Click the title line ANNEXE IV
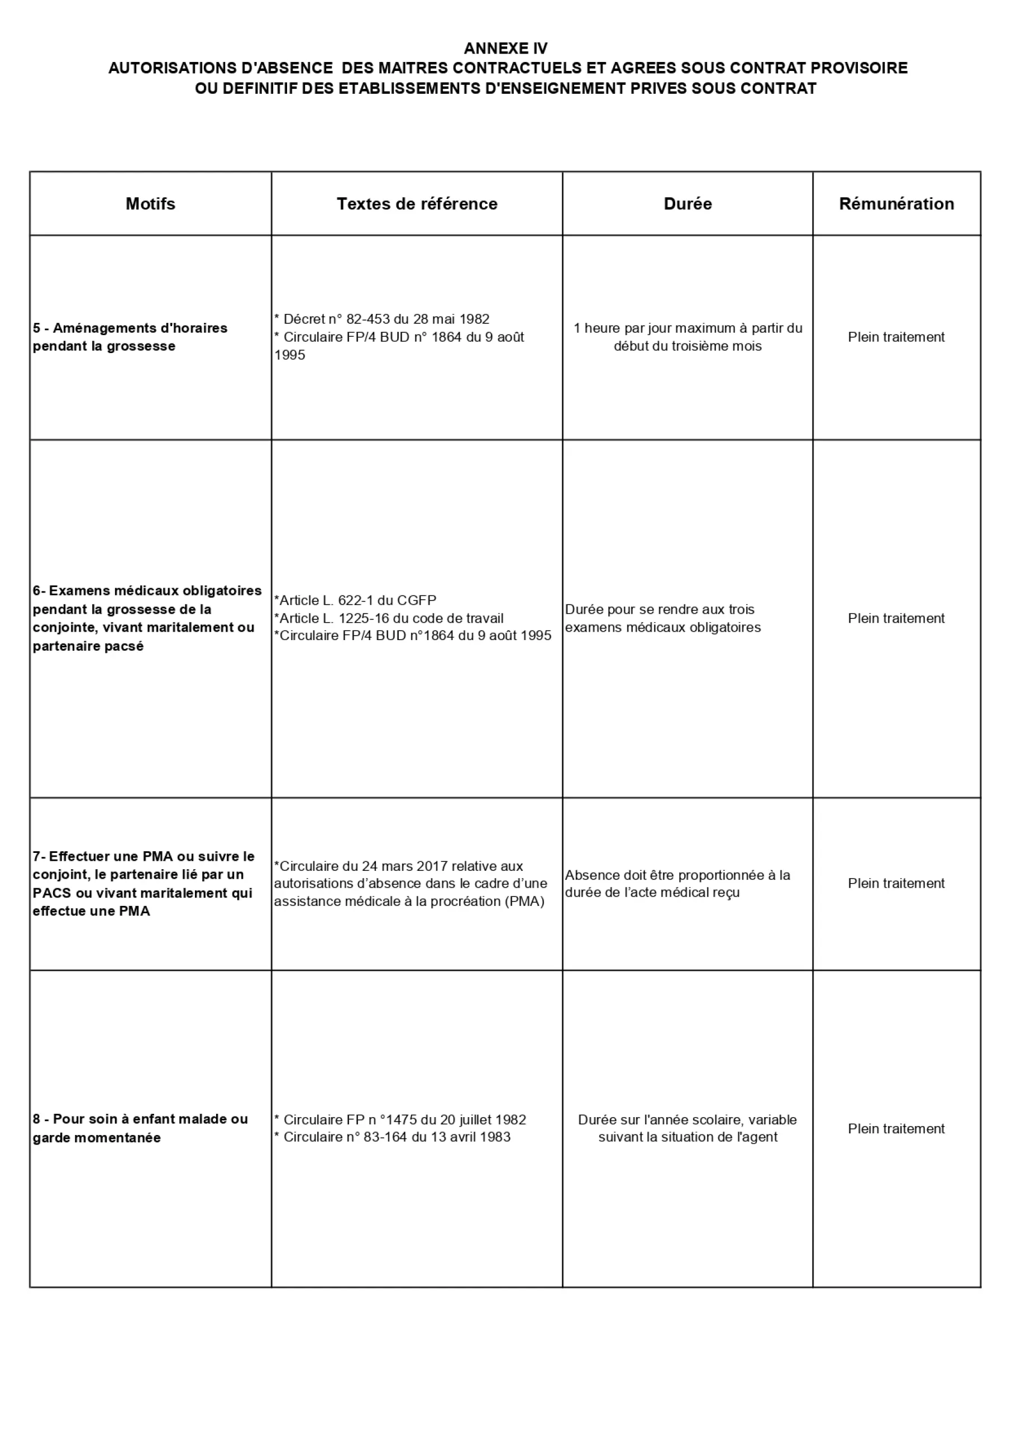(505, 48)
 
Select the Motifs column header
(150, 204)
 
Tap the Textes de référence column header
(417, 204)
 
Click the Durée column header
(688, 204)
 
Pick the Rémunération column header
(896, 204)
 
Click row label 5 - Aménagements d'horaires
(130, 337)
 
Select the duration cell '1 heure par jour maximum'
(688, 337)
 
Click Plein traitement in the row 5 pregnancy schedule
(896, 337)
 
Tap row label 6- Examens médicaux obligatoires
(147, 618)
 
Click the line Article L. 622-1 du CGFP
(355, 600)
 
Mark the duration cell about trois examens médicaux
(662, 618)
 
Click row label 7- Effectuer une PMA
(144, 883)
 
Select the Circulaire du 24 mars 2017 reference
(410, 883)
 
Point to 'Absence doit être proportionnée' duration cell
(677, 883)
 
